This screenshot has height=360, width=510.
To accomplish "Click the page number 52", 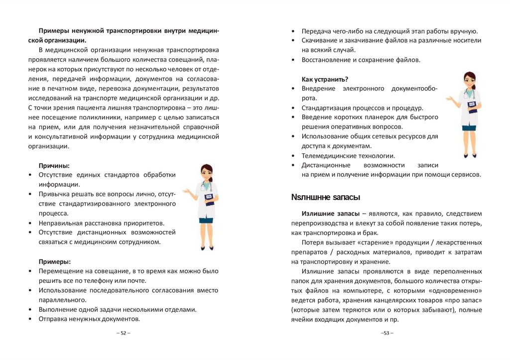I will pyautogui.click(x=124, y=333).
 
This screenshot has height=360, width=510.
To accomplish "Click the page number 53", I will pyautogui.click(x=387, y=333).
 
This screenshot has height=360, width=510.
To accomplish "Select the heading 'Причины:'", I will pyautogui.click(x=54, y=165).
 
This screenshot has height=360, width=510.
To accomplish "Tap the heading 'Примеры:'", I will pyautogui.click(x=54, y=261).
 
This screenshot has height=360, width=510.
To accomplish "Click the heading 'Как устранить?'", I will pyautogui.click(x=325, y=79).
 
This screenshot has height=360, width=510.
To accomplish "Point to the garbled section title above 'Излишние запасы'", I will pyautogui.click(x=325, y=198).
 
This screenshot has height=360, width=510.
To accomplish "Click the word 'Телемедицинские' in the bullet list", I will pyautogui.click(x=326, y=155).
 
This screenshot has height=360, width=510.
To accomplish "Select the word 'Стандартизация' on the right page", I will pyautogui.click(x=326, y=108).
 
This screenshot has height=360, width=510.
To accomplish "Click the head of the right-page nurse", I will pyautogui.click(x=470, y=80).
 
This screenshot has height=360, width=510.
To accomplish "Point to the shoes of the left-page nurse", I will pyautogui.click(x=206, y=247).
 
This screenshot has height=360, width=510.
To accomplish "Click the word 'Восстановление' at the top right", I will pyautogui.click(x=326, y=60).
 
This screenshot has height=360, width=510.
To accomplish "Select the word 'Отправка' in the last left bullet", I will pyautogui.click(x=53, y=319).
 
